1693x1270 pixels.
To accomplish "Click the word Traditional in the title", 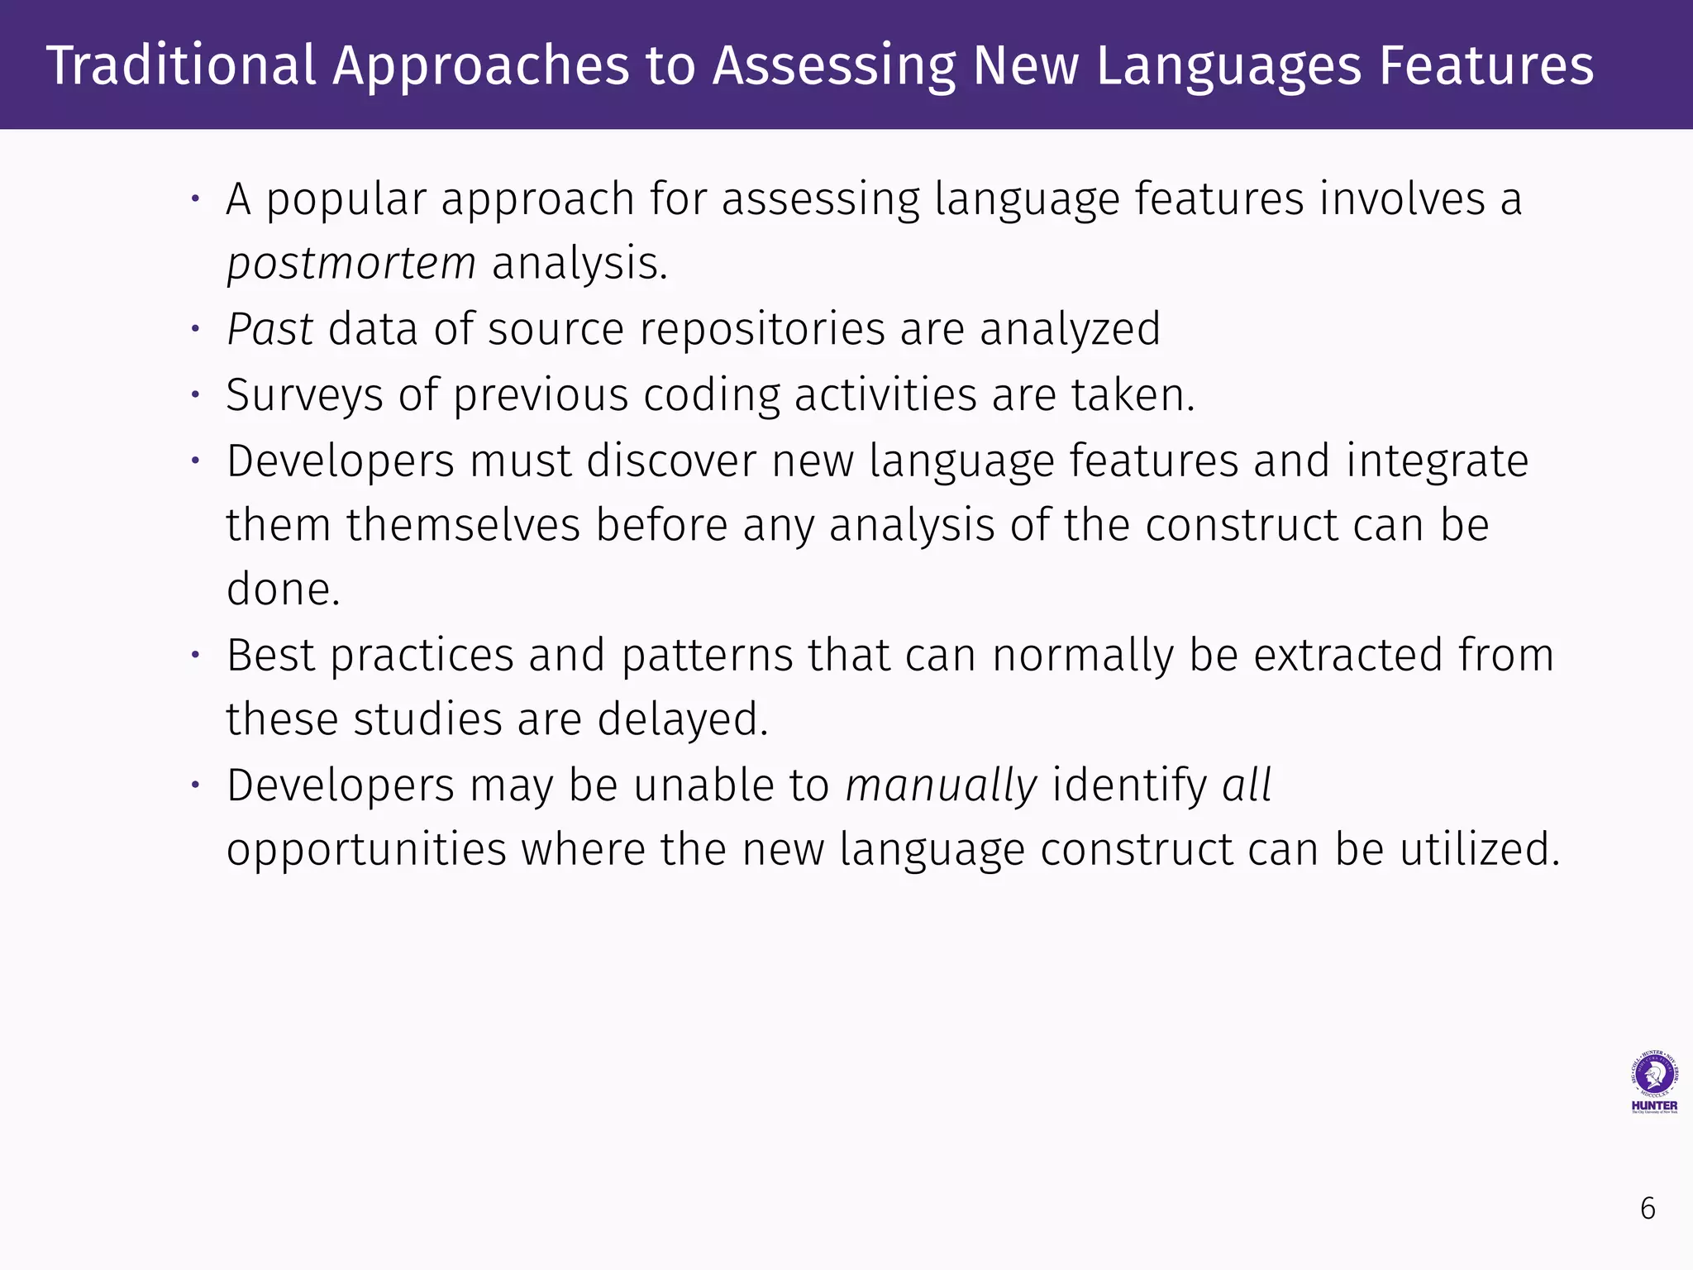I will [x=181, y=65].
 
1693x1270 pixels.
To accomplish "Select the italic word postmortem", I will [x=351, y=264].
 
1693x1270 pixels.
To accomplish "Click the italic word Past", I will [x=269, y=329].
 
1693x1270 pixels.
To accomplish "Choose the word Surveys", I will [x=304, y=395].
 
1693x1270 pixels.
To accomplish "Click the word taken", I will [x=1133, y=395].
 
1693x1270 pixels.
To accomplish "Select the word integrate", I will [x=1437, y=461].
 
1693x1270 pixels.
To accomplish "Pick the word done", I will [x=283, y=590].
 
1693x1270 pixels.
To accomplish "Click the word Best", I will [x=271, y=655].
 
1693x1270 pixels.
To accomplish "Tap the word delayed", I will [x=683, y=719].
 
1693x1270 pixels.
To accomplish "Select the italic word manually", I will [x=941, y=785].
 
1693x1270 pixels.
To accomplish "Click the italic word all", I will [x=1247, y=785].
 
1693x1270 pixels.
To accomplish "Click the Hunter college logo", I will [x=1654, y=1082].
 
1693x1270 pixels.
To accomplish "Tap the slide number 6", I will [x=1648, y=1209].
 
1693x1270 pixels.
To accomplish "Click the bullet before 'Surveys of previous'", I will [x=196, y=395].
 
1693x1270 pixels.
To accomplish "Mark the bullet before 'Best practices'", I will [x=196, y=655].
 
